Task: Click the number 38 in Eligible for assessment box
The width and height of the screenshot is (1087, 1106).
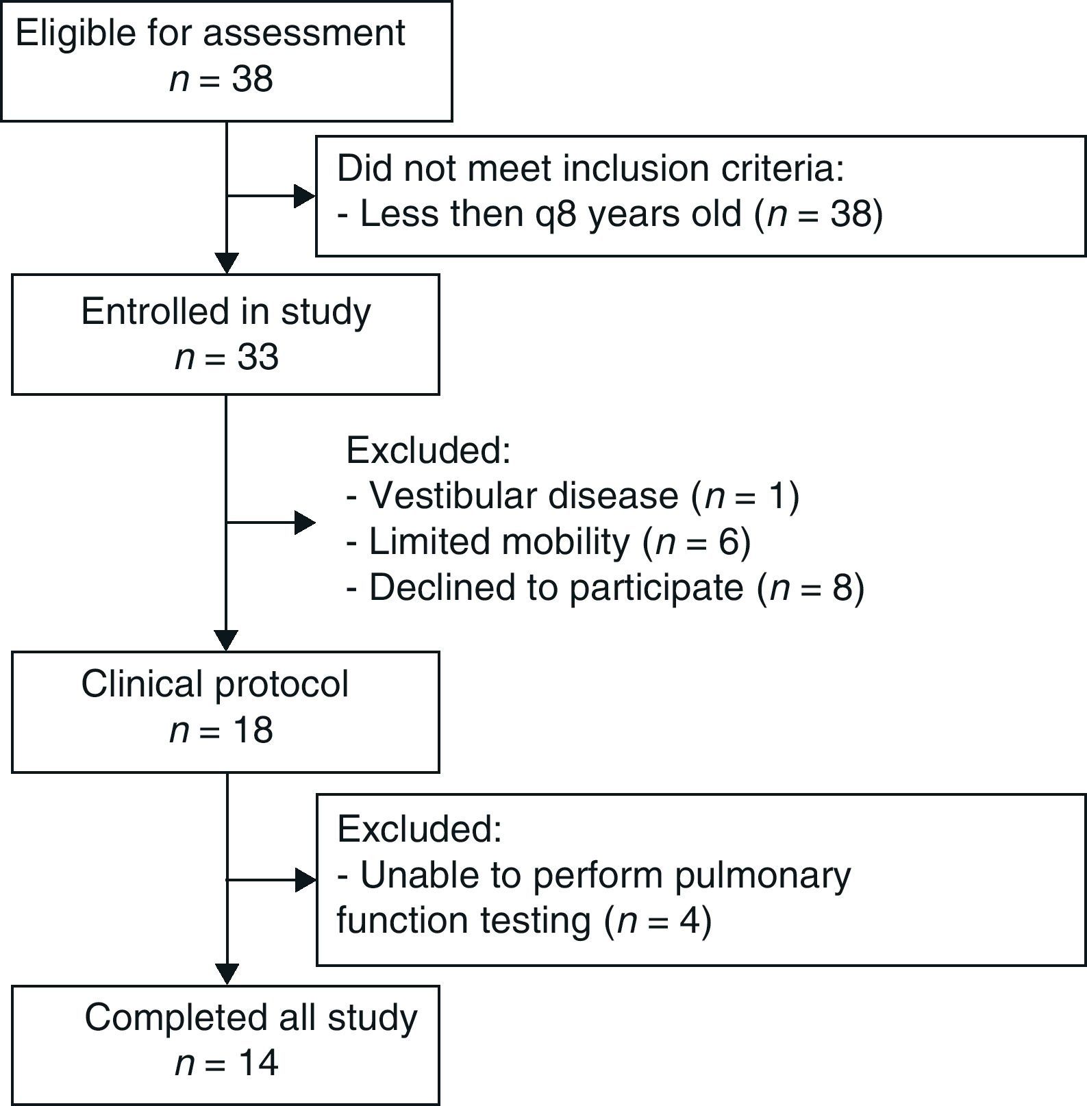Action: click(252, 79)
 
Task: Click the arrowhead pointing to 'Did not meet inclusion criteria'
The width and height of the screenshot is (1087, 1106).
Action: click(304, 196)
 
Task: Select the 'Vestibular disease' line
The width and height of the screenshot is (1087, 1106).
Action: click(524, 495)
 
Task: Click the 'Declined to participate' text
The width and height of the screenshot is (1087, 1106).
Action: click(555, 588)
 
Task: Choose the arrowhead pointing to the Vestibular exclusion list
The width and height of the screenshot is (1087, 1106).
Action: click(304, 523)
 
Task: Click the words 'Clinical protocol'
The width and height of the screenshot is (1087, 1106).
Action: click(214, 683)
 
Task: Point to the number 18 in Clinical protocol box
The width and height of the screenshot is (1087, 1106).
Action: click(252, 730)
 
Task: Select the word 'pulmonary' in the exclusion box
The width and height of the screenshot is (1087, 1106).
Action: click(762, 875)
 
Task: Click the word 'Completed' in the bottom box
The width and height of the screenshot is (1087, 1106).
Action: click(166, 1018)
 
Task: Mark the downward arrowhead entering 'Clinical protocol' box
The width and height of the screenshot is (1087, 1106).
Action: click(226, 640)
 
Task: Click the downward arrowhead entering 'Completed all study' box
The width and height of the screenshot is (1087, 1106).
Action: click(226, 974)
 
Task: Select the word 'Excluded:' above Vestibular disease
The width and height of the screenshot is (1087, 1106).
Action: click(429, 450)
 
